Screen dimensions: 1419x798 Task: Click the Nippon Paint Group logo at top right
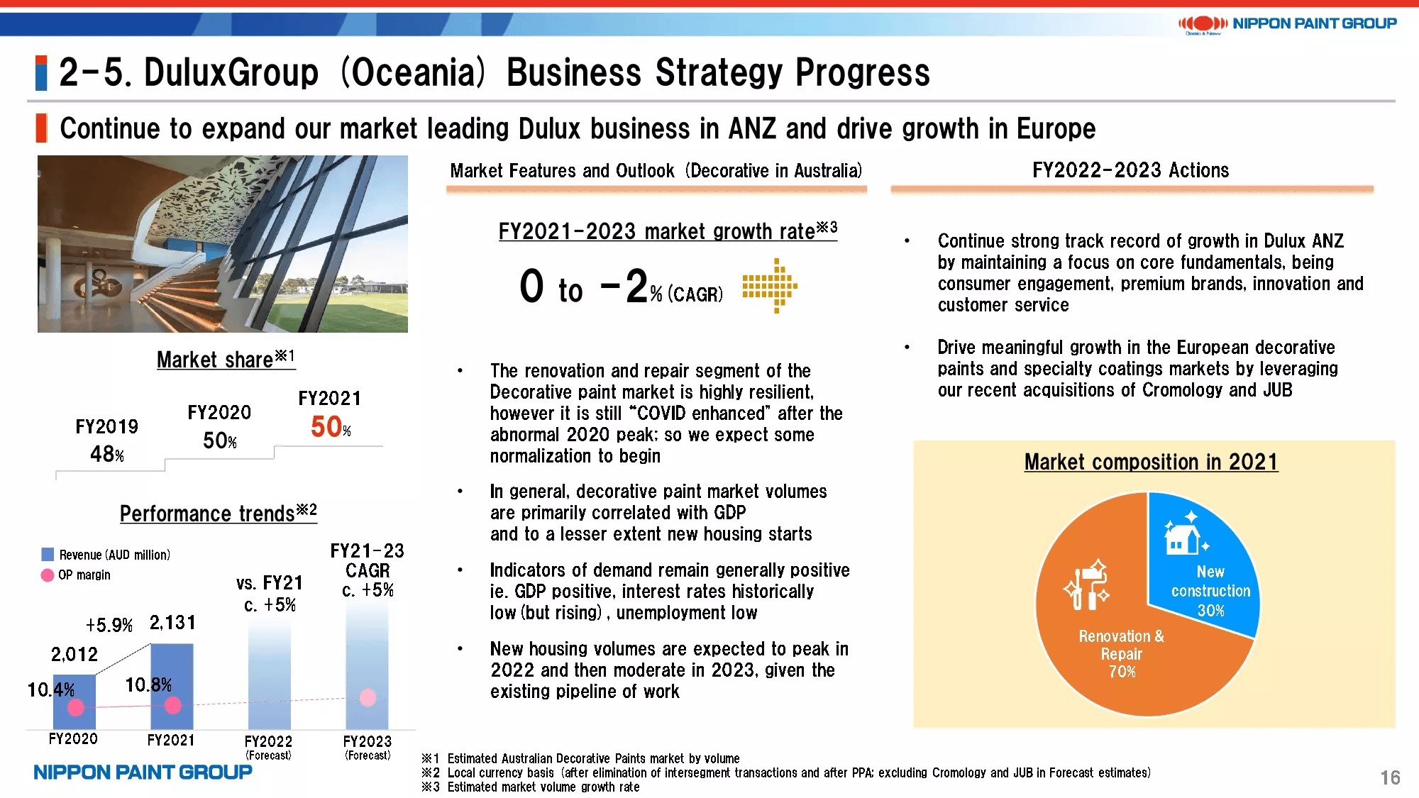coord(1287,24)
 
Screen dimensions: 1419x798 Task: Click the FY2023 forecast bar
coord(367,667)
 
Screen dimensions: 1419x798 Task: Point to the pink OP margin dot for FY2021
coord(172,705)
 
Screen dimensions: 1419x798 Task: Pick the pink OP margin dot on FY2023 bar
coord(368,697)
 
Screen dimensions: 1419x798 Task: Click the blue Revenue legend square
coord(48,554)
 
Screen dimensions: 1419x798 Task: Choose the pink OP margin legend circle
coord(48,575)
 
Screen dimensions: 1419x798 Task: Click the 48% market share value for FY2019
coord(107,454)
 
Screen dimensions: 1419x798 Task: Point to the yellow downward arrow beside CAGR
coord(771,286)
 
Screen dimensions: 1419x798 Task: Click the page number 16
coord(1390,777)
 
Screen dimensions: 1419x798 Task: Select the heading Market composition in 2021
coord(1151,462)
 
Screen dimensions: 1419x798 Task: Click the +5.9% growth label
coord(109,625)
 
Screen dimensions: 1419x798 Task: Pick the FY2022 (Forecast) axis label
coord(268,747)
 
